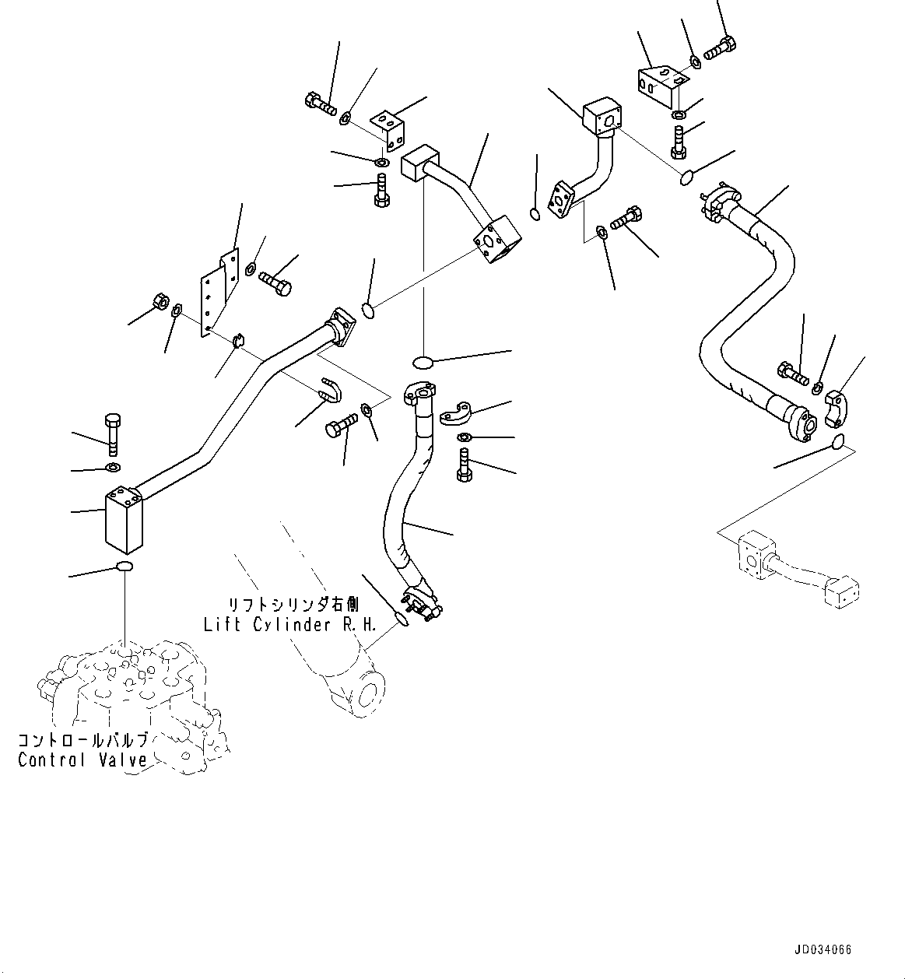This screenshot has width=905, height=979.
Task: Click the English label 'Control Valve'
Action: (x=82, y=760)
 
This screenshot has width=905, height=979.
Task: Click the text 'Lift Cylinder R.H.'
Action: (x=289, y=624)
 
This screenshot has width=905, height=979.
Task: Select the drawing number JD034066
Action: (x=823, y=950)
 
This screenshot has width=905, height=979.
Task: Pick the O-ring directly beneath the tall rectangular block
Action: (x=125, y=567)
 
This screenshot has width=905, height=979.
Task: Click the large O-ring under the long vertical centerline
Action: (x=423, y=362)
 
